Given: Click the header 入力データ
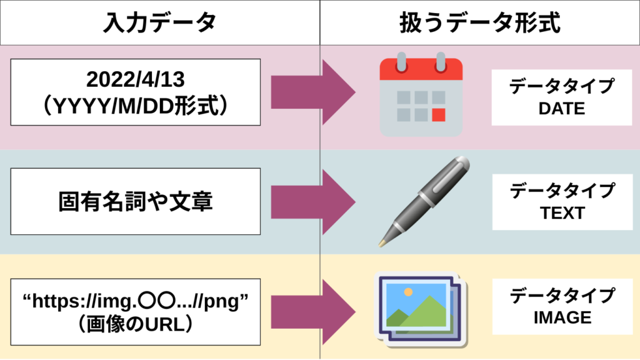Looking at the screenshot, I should pos(159,23).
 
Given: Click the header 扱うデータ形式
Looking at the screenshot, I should pos(479,23).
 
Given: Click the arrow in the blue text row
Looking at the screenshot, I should pos(312,201).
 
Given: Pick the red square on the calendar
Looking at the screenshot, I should pos(439,115).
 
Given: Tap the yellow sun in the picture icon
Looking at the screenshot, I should pos(407,292).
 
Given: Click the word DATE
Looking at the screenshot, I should pos(561,109).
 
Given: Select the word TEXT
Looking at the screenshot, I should pos(561,213).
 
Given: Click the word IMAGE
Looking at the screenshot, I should pos(561,317).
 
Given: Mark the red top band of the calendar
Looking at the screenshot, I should pos(421,69).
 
